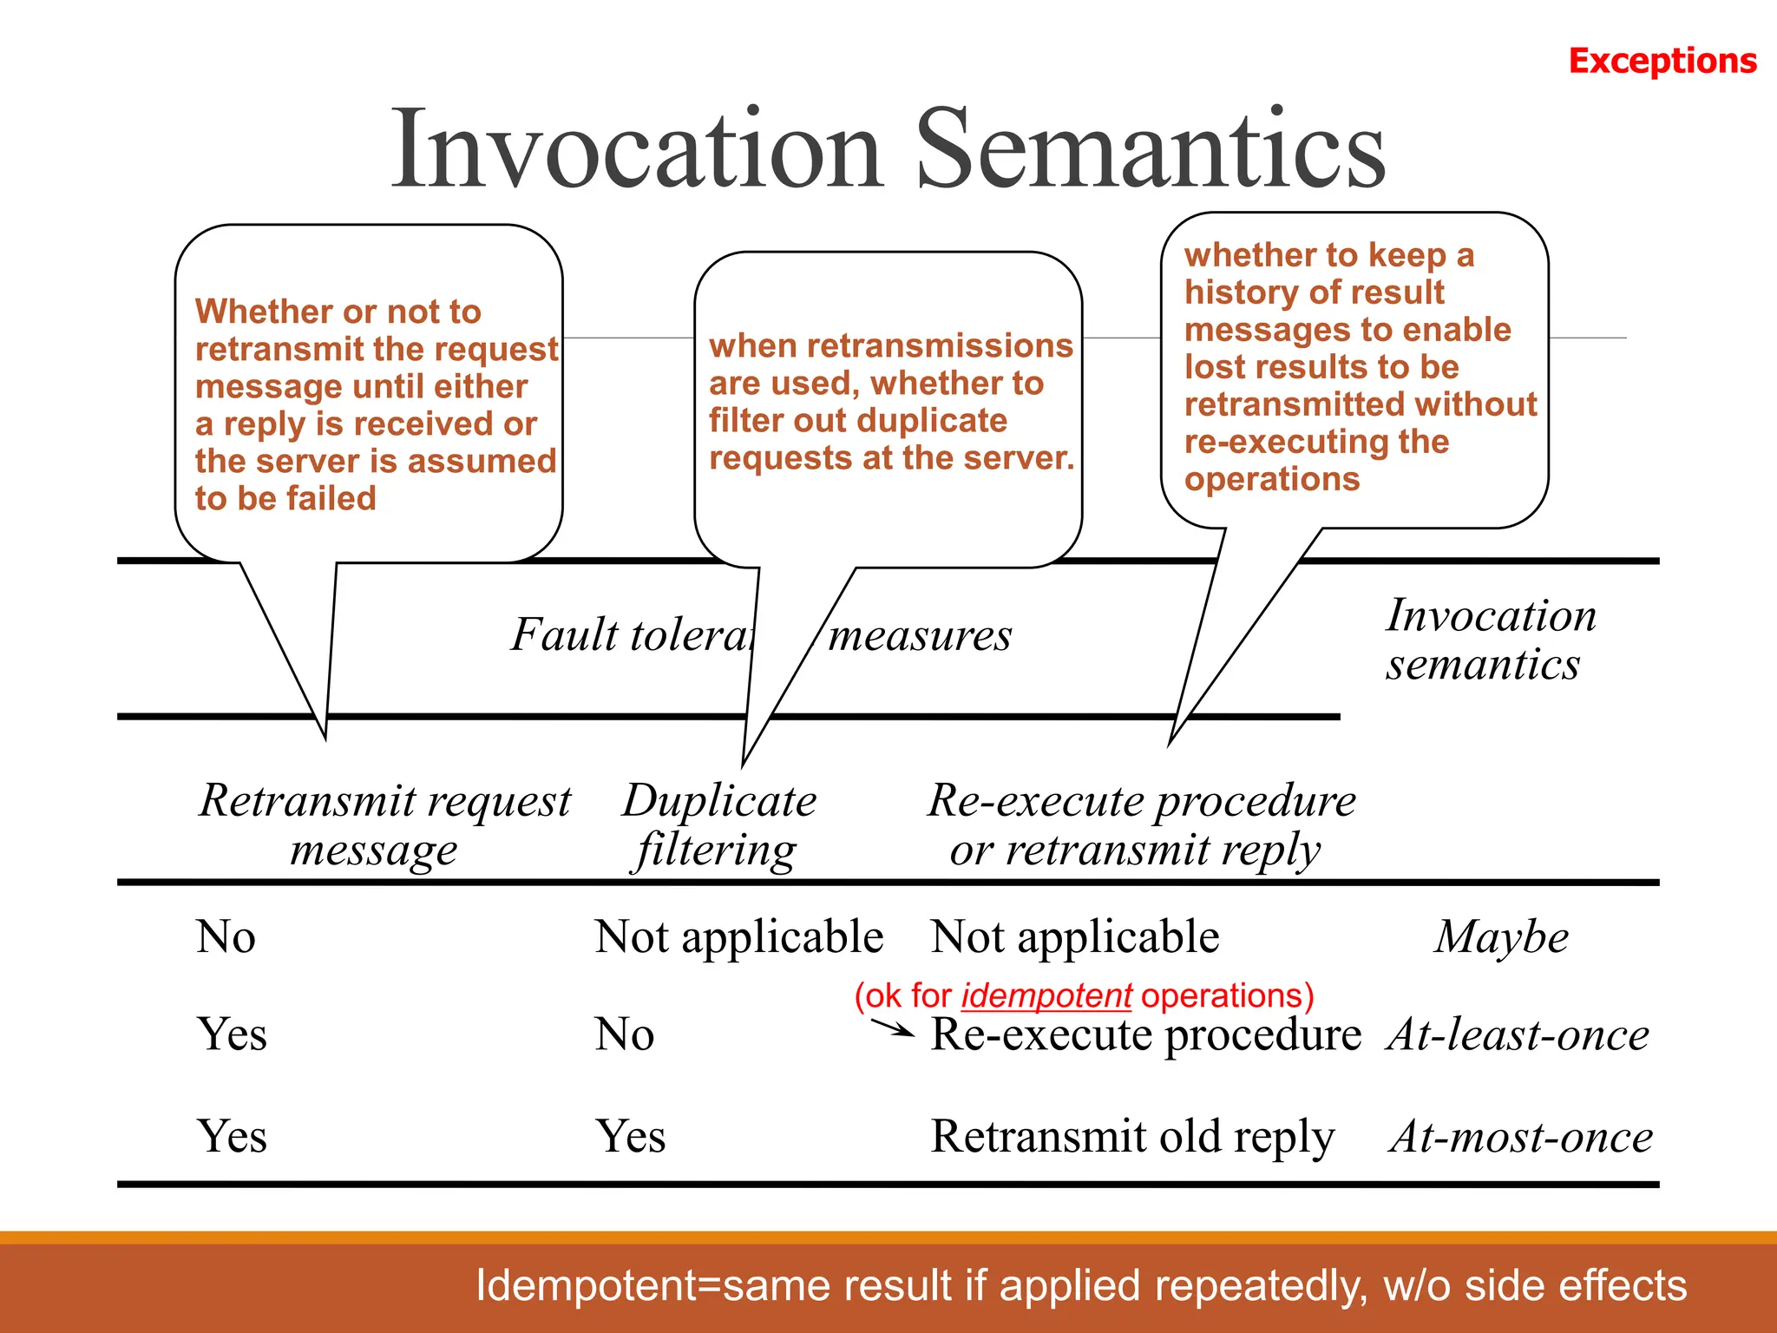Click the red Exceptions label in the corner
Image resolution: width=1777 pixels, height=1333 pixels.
(x=1662, y=61)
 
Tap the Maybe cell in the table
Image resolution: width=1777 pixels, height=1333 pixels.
(x=1501, y=937)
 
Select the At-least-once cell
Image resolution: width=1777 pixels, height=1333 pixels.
(x=1517, y=1034)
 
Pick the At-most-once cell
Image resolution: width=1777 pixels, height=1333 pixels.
(x=1520, y=1137)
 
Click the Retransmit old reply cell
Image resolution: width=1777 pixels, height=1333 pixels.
(x=1131, y=1137)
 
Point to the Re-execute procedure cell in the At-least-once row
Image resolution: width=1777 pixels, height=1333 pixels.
(x=1145, y=1034)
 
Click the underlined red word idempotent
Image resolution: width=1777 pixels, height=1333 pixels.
(x=1046, y=995)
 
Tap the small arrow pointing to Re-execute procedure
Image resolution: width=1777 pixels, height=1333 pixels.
(x=892, y=1028)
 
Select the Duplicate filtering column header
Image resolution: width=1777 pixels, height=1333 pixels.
(x=718, y=824)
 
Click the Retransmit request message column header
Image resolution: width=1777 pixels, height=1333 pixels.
(x=384, y=824)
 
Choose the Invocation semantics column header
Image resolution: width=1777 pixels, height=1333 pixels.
(x=1490, y=640)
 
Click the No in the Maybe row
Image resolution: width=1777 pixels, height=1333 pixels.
(x=226, y=937)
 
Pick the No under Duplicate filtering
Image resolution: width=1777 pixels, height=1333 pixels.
(x=624, y=1034)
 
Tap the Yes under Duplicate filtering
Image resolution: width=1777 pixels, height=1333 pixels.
(x=630, y=1137)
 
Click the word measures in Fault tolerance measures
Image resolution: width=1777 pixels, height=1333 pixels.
(x=920, y=636)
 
